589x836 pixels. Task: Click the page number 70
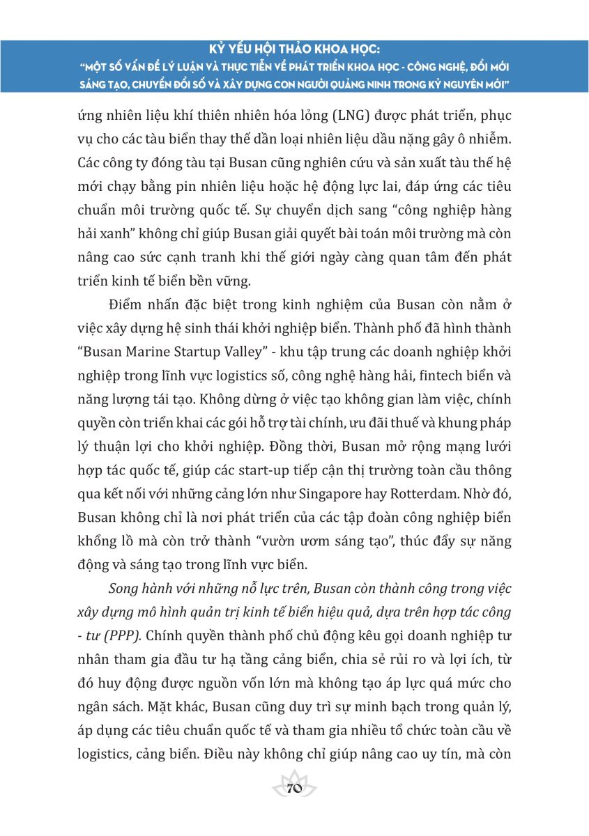[293, 788]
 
